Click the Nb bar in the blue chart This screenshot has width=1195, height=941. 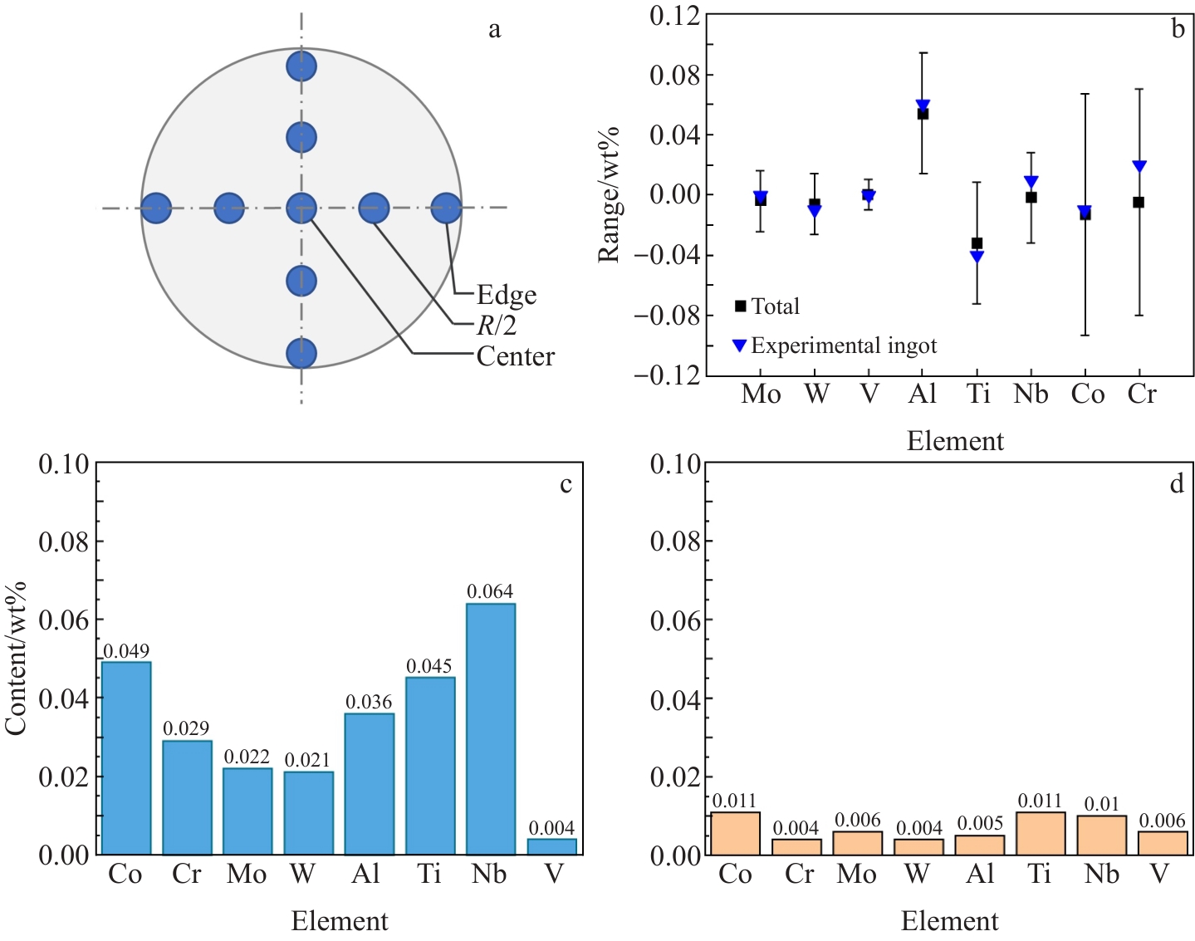[x=491, y=728]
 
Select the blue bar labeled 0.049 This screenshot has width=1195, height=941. [x=126, y=757]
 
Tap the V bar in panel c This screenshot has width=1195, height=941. [x=552, y=846]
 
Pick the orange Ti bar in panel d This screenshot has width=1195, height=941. [x=1041, y=833]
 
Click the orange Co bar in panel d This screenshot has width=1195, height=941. [x=735, y=833]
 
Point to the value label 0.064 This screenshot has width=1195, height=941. [x=490, y=591]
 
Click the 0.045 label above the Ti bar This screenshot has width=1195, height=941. [x=429, y=666]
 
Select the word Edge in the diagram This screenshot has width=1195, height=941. [x=507, y=295]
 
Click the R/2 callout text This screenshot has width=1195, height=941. [x=497, y=326]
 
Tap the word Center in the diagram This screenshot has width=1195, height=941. [x=516, y=356]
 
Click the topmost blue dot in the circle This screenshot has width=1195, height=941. [x=301, y=66]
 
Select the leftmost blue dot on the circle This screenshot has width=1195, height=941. [x=156, y=208]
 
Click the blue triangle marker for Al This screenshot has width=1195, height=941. [x=923, y=105]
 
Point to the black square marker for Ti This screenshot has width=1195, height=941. [x=977, y=243]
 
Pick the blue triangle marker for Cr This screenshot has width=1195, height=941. [x=1139, y=166]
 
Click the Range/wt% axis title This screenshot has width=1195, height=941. [x=610, y=194]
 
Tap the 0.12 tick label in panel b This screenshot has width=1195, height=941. [x=674, y=15]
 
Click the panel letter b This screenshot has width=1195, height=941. [x=1178, y=29]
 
